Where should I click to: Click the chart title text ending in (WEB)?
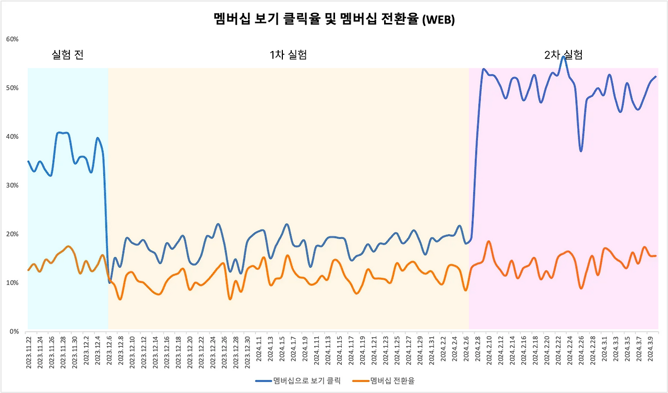[334, 19]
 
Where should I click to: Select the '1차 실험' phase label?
[288, 54]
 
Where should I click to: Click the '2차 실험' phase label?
[563, 54]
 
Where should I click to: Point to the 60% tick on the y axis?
[13, 39]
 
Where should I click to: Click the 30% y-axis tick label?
[13, 185]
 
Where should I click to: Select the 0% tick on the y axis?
[14, 331]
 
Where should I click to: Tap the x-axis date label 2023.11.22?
[29, 352]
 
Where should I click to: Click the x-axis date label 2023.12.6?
[109, 351]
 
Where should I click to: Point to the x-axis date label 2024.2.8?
[478, 351]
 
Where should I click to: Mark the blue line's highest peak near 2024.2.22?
[563, 56]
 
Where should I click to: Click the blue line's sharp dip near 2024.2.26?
[581, 151]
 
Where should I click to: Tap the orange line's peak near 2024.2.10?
[488, 241]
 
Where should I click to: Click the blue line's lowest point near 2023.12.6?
[110, 282]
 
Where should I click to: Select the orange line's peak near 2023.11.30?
[69, 246]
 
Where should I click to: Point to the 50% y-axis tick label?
[13, 88]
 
